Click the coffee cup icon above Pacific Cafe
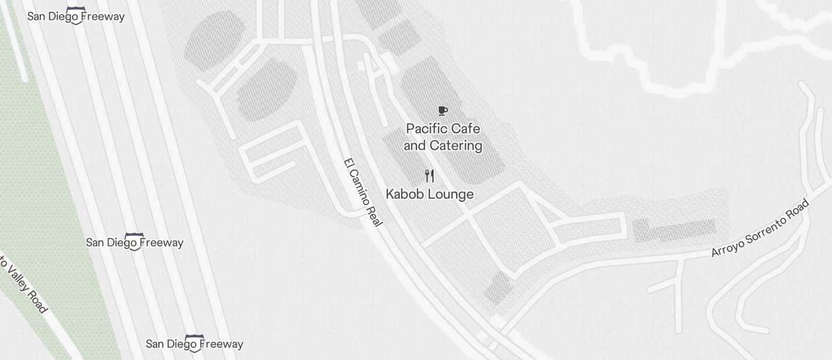coord(443,110)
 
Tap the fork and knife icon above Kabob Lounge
coord(429,176)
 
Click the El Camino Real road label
coord(363,192)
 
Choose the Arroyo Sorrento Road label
coord(760,228)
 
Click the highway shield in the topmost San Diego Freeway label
coord(75,15)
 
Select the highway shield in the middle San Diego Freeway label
coord(134,241)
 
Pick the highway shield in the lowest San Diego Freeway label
coord(194,343)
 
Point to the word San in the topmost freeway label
coord(37,16)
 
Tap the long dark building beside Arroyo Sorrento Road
coord(675,230)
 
